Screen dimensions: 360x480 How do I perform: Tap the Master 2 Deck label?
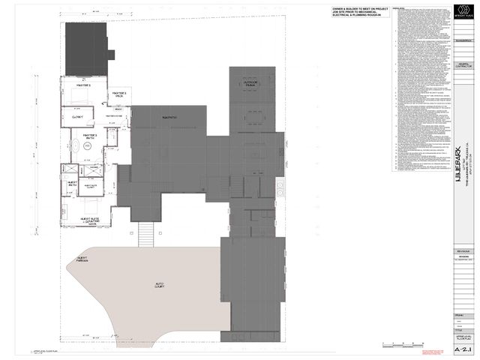click(118, 94)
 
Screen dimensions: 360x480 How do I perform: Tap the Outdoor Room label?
click(249, 84)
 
